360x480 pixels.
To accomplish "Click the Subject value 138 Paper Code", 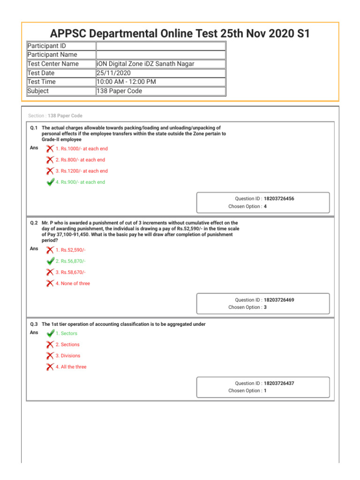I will click(x=119, y=91).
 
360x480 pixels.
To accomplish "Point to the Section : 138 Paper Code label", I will click(x=55, y=116).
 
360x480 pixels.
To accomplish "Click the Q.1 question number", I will click(x=34, y=128).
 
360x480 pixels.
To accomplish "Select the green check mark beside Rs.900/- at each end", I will click(x=50, y=182).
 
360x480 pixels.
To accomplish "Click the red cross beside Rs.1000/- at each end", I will click(x=50, y=149).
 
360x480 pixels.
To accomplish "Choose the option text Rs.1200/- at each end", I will click(x=82, y=171).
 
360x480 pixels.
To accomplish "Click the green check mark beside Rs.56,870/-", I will click(x=50, y=261).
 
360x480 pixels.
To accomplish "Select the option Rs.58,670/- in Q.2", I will click(x=70, y=272).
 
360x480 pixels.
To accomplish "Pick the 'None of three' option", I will click(x=73, y=284).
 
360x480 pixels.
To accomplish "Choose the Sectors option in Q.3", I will click(x=67, y=333).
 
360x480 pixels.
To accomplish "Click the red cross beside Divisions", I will click(x=50, y=356).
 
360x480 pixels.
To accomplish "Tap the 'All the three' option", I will click(x=71, y=367).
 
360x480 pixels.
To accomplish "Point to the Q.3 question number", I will click(x=34, y=324).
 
